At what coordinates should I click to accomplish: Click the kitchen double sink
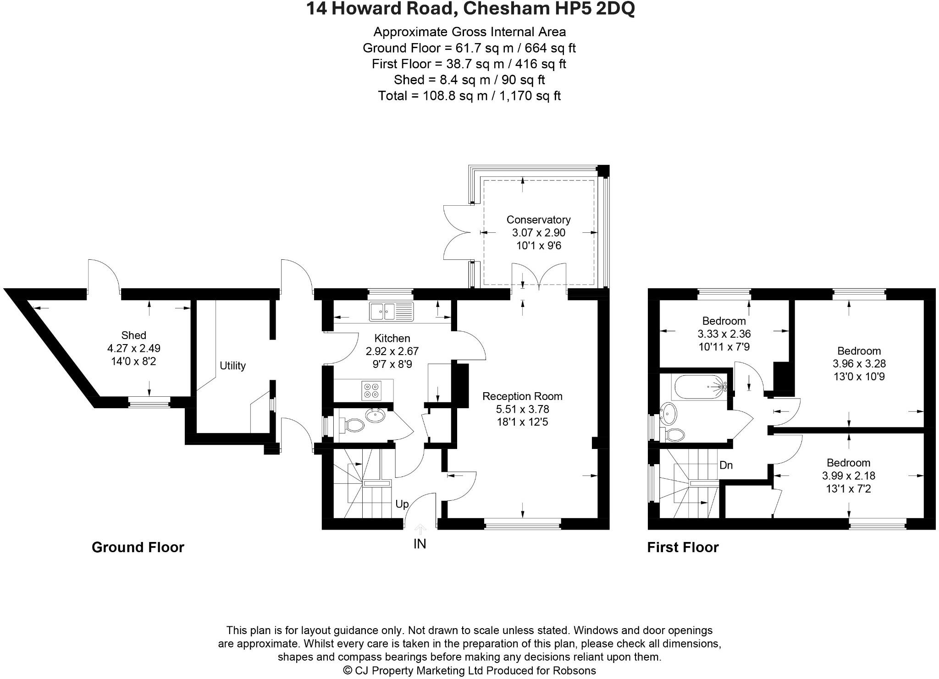(391, 312)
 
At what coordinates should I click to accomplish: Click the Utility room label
(232, 366)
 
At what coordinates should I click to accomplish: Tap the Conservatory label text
(538, 219)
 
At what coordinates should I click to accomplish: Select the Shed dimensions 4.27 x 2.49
(133, 348)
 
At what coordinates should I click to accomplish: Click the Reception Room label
(522, 396)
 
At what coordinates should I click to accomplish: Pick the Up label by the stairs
(402, 504)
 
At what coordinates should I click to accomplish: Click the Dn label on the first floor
(726, 465)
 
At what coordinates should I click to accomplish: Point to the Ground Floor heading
(138, 547)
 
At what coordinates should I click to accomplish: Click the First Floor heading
(682, 547)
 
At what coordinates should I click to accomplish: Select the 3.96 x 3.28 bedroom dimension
(859, 364)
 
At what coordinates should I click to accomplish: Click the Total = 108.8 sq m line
(469, 96)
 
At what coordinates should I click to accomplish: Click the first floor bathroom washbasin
(668, 413)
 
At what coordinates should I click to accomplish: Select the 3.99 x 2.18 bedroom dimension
(848, 476)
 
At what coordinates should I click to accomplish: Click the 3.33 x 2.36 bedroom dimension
(724, 334)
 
